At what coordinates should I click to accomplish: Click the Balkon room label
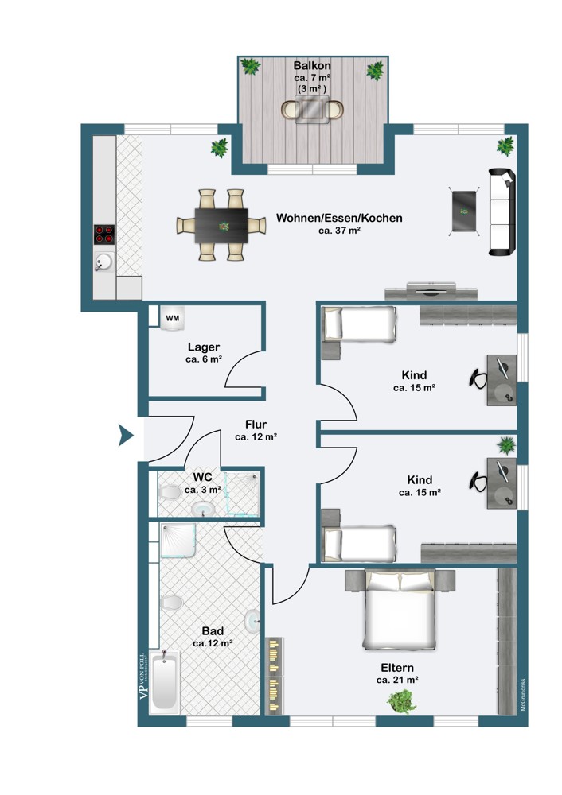[x=312, y=66]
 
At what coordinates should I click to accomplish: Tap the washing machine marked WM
[x=172, y=319]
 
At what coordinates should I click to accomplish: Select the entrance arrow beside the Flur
[x=126, y=435]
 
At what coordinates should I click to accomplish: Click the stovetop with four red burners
[x=104, y=235]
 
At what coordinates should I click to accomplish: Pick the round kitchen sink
[x=104, y=262]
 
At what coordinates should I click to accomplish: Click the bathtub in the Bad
[x=165, y=681]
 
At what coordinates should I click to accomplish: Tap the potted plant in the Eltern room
[x=401, y=701]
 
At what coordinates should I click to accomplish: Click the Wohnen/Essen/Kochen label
[x=339, y=218]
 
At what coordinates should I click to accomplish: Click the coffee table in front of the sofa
[x=465, y=211]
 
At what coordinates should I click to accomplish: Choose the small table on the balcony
[x=313, y=109]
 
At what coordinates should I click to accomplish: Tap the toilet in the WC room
[x=170, y=492]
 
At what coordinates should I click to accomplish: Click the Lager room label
[x=204, y=347]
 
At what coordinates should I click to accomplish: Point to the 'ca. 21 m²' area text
[x=397, y=680]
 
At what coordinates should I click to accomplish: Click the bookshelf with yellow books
[x=275, y=675]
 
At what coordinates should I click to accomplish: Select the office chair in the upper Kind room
[x=478, y=378]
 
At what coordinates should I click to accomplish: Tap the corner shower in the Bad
[x=178, y=541]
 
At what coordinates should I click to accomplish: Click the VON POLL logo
[x=144, y=677]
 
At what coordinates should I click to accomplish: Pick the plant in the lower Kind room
[x=506, y=445]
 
